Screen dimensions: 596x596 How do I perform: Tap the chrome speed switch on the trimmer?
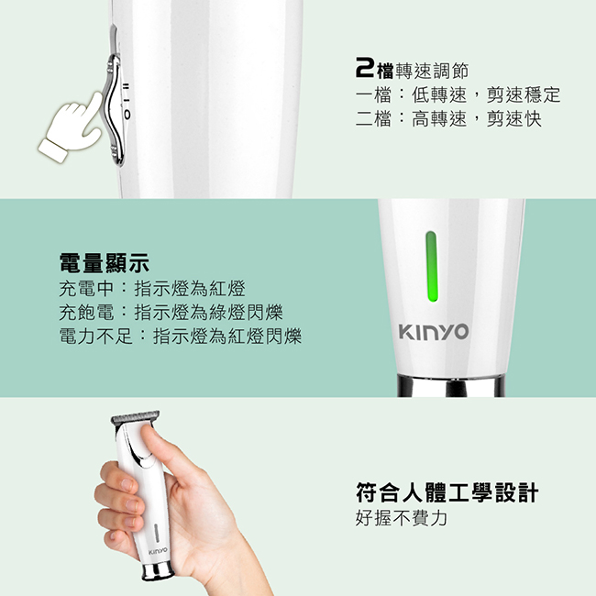115,110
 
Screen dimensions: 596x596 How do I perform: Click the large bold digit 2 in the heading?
365,68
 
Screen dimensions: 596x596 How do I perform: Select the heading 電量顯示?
105,263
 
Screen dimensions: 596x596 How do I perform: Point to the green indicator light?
432,266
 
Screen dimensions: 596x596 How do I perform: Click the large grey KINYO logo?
434,331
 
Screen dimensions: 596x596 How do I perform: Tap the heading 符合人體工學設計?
447,492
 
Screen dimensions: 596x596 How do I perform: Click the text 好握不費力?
402,517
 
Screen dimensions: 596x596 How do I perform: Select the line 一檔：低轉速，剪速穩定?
458,94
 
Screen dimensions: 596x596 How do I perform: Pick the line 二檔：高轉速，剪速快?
448,118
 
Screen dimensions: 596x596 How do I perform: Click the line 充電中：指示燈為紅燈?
152,289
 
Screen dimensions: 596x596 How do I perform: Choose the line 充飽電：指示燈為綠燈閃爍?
171,313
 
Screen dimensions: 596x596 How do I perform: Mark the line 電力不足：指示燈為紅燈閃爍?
181,337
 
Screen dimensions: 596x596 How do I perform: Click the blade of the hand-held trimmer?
136,417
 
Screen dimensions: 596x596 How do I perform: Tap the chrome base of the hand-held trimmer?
158,571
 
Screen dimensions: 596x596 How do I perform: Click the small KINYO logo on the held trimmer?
158,551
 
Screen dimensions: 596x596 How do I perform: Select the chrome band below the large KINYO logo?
451,385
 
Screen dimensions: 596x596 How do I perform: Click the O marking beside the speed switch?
127,114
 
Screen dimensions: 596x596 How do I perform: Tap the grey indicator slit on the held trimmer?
156,532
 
